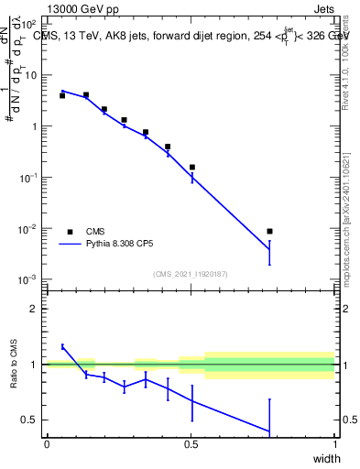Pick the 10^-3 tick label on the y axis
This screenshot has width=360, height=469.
point(28,278)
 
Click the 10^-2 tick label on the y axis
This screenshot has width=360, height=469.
point(28,228)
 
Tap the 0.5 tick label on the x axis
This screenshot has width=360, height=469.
point(191,444)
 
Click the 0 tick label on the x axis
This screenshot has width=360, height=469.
point(47,444)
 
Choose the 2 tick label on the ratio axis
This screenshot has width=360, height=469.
point(34,309)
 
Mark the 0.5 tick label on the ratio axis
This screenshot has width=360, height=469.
point(30,420)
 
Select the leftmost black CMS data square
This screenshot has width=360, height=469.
point(62,95)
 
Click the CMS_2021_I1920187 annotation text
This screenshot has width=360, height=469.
point(190,273)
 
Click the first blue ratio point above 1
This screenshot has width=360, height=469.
point(62,346)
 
